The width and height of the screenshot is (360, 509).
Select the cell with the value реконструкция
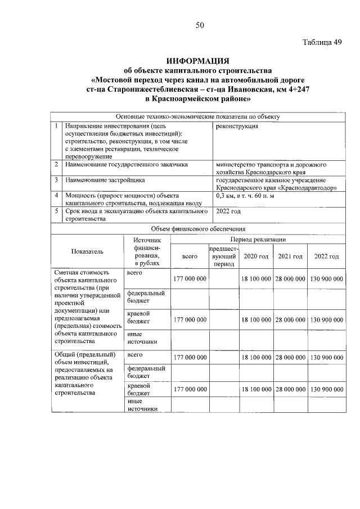click(x=237, y=127)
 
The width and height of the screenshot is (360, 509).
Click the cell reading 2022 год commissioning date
click(x=228, y=211)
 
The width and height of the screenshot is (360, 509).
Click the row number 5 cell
click(x=56, y=211)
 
